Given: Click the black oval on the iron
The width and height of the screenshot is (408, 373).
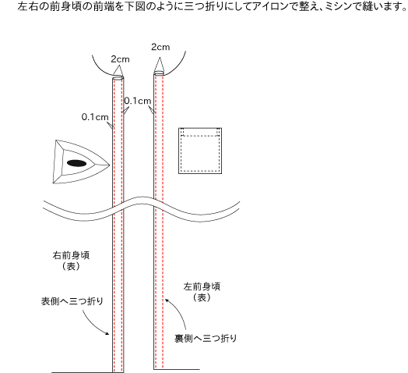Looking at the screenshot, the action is (x=76, y=163).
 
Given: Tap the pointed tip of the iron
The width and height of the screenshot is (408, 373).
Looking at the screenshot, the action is (x=110, y=165).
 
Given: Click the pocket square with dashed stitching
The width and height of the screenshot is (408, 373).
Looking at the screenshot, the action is (x=200, y=151).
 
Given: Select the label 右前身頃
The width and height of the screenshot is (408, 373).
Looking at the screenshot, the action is (x=71, y=255).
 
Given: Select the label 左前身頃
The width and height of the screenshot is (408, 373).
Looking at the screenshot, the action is (x=202, y=286).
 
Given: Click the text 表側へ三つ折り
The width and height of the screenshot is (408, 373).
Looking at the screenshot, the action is (x=72, y=301).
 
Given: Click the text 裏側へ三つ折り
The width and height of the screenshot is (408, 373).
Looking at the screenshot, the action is (x=206, y=339).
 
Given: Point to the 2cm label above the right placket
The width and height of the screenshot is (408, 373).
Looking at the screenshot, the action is (x=160, y=48).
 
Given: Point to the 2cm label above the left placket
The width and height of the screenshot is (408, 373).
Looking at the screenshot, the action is (x=120, y=59).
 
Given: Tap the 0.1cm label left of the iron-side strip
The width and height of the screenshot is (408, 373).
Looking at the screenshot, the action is (x=95, y=117).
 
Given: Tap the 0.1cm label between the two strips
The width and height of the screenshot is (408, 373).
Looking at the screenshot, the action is (x=138, y=101).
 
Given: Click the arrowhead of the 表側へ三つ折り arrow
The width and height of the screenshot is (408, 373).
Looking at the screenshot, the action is (x=107, y=333).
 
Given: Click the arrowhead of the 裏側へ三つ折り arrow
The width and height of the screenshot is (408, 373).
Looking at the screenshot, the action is (x=167, y=300).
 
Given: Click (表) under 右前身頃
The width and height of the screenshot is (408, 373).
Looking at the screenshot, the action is (x=71, y=266).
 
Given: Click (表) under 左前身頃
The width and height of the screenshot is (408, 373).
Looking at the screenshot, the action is (x=202, y=297).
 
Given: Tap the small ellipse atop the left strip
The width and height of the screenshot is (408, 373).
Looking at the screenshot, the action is (x=118, y=78).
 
